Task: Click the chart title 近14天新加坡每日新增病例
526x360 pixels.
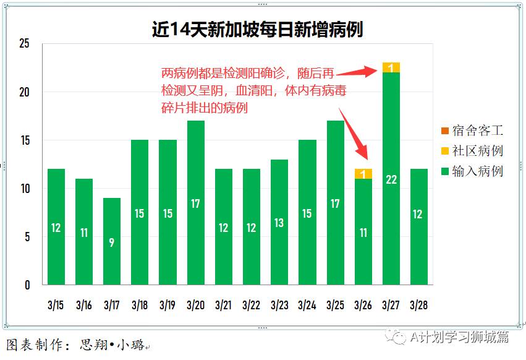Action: [x=257, y=29]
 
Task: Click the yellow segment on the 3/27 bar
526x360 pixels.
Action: [x=391, y=67]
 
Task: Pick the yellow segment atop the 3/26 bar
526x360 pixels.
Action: [x=363, y=174]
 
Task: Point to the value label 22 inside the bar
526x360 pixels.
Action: [x=391, y=179]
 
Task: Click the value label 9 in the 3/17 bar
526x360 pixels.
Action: [x=111, y=242]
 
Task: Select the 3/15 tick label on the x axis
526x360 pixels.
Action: [x=56, y=305]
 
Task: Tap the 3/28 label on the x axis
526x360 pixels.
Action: [x=418, y=305]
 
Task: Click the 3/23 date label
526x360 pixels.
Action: [x=279, y=305]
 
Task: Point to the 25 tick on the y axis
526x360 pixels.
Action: [x=24, y=44]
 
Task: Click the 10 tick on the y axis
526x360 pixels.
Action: [x=24, y=189]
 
